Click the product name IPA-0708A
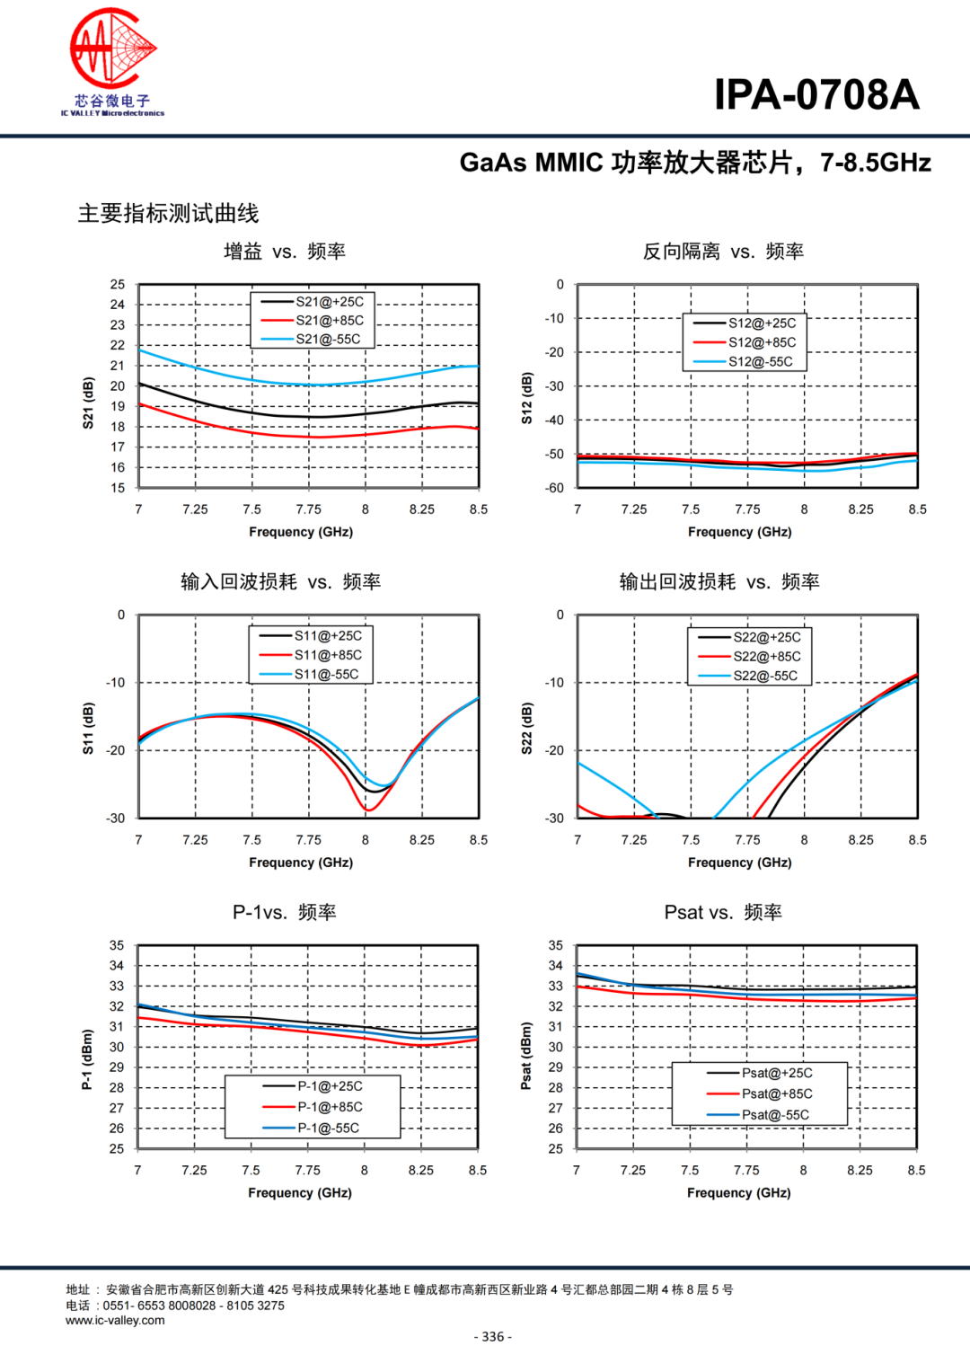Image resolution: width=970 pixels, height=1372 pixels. pos(816,95)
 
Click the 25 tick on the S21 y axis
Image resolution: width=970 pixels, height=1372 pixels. pos(118,284)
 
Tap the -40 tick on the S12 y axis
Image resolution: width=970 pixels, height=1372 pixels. pos(554,420)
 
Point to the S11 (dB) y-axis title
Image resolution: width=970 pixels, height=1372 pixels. pos(88,728)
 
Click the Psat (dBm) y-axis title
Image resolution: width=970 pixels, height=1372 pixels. pos(526,1056)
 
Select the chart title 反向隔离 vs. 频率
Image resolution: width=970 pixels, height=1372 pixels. pos(723,252)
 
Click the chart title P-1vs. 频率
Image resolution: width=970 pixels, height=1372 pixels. pos(285,912)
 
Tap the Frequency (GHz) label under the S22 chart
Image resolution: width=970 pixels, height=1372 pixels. pos(739,863)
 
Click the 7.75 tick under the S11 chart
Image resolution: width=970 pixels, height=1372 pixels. pos(308,840)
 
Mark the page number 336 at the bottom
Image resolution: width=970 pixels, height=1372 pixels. pos(493,1336)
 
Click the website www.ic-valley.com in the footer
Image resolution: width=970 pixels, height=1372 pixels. pos(115,1320)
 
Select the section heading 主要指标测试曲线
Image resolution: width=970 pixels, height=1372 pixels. pos(169,213)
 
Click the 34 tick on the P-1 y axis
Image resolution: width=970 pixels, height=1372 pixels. pos(117,966)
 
